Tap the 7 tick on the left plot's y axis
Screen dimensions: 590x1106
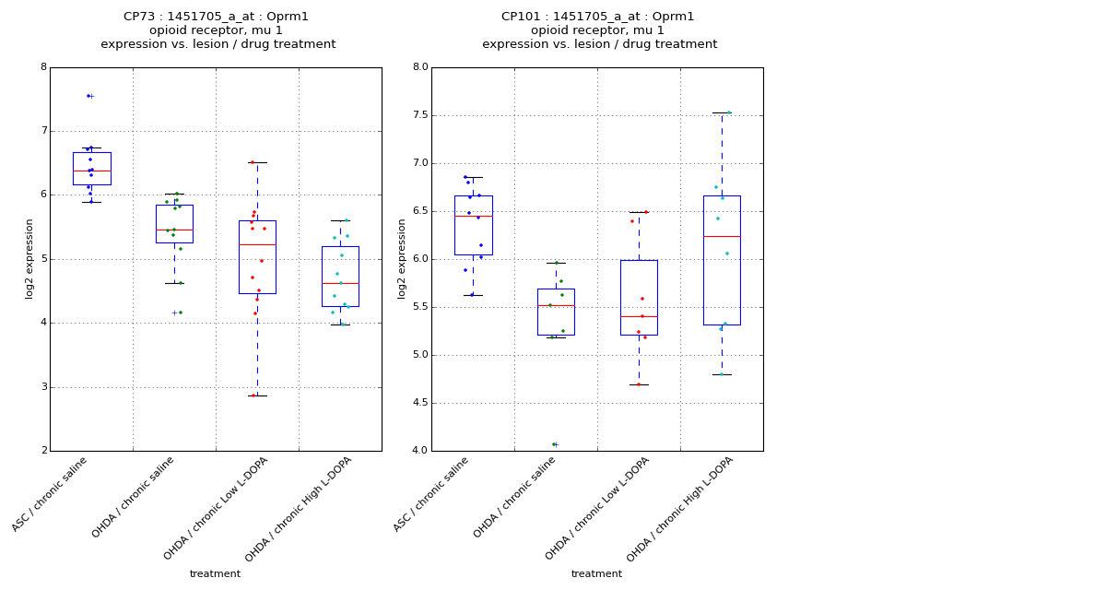(x=43, y=131)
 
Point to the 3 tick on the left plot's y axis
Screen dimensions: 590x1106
(x=43, y=387)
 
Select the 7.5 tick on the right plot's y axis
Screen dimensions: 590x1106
(x=419, y=115)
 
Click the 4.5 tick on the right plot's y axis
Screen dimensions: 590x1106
(x=419, y=403)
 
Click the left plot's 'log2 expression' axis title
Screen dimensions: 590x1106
(x=29, y=258)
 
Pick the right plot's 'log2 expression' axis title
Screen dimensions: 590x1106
(x=402, y=258)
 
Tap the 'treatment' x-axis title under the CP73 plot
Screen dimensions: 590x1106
(x=215, y=574)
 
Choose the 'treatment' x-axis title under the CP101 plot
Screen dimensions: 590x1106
(x=596, y=574)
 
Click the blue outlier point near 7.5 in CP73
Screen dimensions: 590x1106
(x=88, y=96)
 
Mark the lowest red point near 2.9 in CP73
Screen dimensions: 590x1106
(x=254, y=395)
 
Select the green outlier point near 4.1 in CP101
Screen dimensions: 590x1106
(x=554, y=444)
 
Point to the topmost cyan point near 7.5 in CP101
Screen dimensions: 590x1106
(x=729, y=112)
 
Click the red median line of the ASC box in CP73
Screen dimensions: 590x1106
(x=92, y=171)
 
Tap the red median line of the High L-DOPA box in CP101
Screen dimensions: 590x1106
(x=722, y=236)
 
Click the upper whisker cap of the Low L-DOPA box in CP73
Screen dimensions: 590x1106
(x=257, y=162)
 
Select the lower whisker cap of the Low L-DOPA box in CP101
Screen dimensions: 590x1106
(x=639, y=384)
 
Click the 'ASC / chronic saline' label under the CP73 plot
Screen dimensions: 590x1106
(x=52, y=494)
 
